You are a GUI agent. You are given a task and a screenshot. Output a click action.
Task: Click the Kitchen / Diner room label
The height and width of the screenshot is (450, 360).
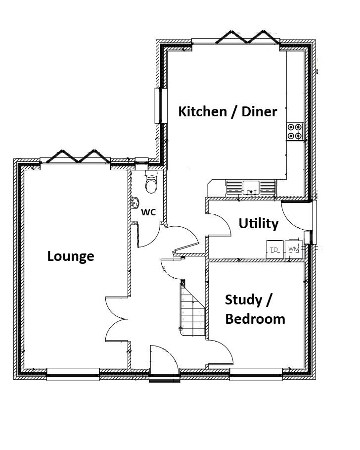click(x=227, y=112)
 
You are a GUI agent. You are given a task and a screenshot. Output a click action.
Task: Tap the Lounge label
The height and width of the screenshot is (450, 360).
click(x=71, y=256)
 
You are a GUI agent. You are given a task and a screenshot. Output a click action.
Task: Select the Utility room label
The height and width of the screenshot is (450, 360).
click(x=259, y=224)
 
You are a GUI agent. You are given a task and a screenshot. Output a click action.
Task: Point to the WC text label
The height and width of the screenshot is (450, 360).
click(x=148, y=212)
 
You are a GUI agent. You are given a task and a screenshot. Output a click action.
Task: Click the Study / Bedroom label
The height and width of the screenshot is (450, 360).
click(x=255, y=310)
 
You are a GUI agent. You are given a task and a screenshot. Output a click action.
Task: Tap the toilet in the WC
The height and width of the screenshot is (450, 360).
click(x=151, y=181)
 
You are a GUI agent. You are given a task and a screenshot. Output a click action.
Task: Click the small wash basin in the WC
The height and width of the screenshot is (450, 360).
click(x=135, y=202)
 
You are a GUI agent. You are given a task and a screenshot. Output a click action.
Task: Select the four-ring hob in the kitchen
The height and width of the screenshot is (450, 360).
click(x=295, y=132)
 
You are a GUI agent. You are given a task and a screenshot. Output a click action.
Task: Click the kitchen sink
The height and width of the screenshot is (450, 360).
click(x=251, y=188)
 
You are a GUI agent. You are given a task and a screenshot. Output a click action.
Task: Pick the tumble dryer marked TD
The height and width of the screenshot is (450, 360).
click(x=274, y=250)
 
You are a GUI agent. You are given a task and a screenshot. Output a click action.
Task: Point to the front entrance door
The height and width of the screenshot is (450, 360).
click(x=165, y=363)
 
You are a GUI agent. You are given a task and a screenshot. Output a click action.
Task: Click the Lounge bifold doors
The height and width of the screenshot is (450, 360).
click(x=78, y=156)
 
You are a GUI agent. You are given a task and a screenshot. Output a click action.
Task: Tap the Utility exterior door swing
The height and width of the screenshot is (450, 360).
click(x=296, y=216)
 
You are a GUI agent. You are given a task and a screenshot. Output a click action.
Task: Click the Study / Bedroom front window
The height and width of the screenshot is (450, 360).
click(x=256, y=375)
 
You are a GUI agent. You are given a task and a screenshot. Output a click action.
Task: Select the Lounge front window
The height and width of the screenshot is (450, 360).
click(x=73, y=375)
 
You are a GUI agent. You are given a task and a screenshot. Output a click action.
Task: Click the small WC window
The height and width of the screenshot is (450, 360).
click(x=141, y=161)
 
